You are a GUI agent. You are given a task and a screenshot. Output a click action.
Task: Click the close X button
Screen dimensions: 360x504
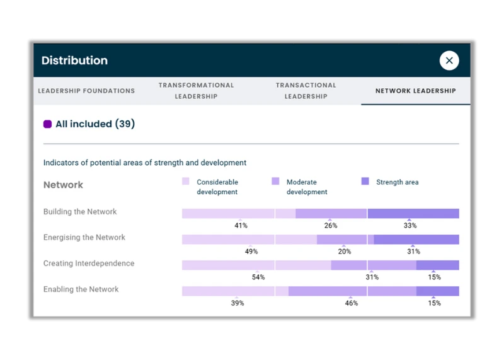(449, 61)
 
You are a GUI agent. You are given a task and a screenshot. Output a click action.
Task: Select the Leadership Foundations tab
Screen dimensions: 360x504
(86, 91)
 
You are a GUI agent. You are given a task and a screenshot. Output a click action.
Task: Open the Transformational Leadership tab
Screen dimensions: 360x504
(196, 91)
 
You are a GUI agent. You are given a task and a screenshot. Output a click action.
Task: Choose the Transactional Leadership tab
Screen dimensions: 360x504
(306, 91)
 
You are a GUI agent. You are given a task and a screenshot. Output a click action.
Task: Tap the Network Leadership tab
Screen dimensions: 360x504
(415, 91)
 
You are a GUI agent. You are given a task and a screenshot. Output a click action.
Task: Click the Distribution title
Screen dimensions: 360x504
(74, 61)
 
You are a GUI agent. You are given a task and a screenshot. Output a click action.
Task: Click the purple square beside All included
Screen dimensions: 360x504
(47, 124)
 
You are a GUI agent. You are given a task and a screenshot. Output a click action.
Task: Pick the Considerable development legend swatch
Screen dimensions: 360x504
(186, 182)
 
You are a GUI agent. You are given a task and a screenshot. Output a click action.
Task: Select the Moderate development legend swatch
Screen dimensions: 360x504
(275, 182)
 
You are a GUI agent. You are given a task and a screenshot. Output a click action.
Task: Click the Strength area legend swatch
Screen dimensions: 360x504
(365, 182)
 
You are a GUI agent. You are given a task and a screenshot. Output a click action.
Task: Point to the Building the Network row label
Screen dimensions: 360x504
(80, 212)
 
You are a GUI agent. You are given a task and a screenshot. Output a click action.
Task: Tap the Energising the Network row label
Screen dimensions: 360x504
(84, 238)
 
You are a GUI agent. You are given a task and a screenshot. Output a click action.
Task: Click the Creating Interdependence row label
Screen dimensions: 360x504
(89, 264)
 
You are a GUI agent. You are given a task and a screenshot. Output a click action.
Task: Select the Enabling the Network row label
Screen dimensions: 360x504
(81, 289)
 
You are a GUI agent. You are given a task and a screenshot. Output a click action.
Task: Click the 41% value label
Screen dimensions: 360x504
(241, 225)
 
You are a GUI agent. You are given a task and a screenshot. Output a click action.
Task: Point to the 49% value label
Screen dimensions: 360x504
(251, 251)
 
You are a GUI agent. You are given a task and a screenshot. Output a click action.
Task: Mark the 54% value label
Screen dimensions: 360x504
(258, 277)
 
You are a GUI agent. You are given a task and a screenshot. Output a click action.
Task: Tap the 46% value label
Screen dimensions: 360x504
(351, 303)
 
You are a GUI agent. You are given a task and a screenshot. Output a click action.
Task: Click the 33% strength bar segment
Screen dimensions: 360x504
(413, 214)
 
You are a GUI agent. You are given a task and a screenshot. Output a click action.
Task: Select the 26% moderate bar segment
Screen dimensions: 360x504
(331, 214)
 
